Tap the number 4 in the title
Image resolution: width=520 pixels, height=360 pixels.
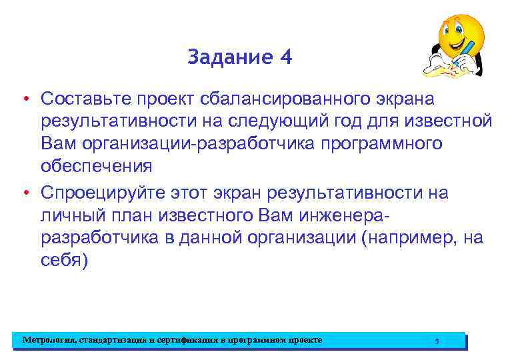(x=286, y=58)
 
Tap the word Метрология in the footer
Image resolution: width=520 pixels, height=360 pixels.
(x=49, y=340)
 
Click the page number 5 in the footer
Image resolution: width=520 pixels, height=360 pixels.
(x=437, y=341)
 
